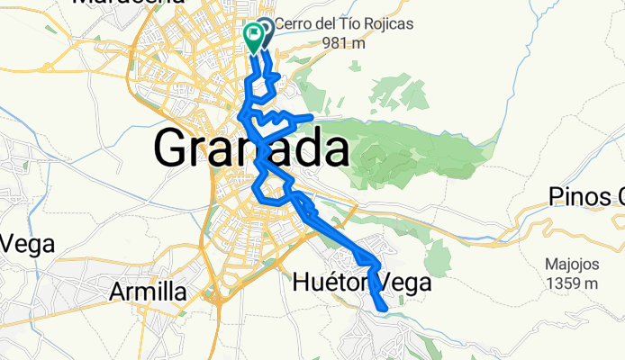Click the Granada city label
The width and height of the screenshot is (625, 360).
[252, 148]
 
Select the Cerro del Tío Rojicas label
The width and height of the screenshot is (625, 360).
[344, 24]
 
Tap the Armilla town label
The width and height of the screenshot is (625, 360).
[148, 292]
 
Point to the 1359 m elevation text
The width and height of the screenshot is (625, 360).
[571, 283]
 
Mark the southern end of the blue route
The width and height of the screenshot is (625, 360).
[385, 310]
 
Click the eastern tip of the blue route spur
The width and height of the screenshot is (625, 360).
[312, 118]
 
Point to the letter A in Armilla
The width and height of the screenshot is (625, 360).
[117, 292]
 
